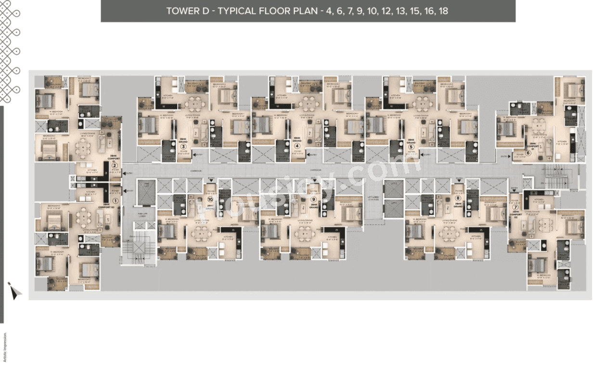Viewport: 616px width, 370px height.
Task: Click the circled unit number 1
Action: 115,201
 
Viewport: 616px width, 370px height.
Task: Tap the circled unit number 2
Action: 114,166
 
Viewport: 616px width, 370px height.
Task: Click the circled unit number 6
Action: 528,153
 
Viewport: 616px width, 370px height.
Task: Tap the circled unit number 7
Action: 515,208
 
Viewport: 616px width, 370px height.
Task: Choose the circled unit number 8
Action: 458,198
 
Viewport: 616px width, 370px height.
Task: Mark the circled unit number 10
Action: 210,198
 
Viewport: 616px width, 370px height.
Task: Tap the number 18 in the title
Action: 443,11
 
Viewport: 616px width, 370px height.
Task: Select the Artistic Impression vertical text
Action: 5,347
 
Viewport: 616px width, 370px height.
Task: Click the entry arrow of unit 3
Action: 193,155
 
